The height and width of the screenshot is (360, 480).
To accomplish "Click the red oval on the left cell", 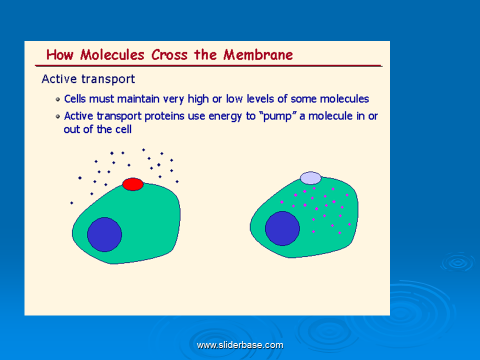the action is click(x=133, y=184).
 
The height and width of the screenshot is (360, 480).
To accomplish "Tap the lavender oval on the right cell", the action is click(x=310, y=178).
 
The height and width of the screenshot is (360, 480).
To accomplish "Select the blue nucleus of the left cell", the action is click(x=104, y=235).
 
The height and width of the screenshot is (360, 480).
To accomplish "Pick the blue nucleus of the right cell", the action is click(x=282, y=228).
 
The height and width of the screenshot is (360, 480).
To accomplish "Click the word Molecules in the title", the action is click(x=112, y=55).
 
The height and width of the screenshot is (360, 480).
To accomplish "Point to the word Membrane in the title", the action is click(x=258, y=55).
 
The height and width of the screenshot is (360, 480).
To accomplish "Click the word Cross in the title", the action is click(x=169, y=55).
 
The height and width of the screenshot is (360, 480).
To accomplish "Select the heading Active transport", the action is click(x=88, y=79).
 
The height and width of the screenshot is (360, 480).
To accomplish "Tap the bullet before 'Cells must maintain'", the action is click(x=58, y=99).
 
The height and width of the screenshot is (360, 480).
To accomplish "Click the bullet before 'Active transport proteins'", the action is click(x=58, y=116).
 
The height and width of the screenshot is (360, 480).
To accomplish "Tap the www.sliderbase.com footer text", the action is click(x=240, y=345).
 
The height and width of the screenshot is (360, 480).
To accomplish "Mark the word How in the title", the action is click(x=59, y=55).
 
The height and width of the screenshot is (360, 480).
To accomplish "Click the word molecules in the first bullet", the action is click(x=344, y=99).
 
